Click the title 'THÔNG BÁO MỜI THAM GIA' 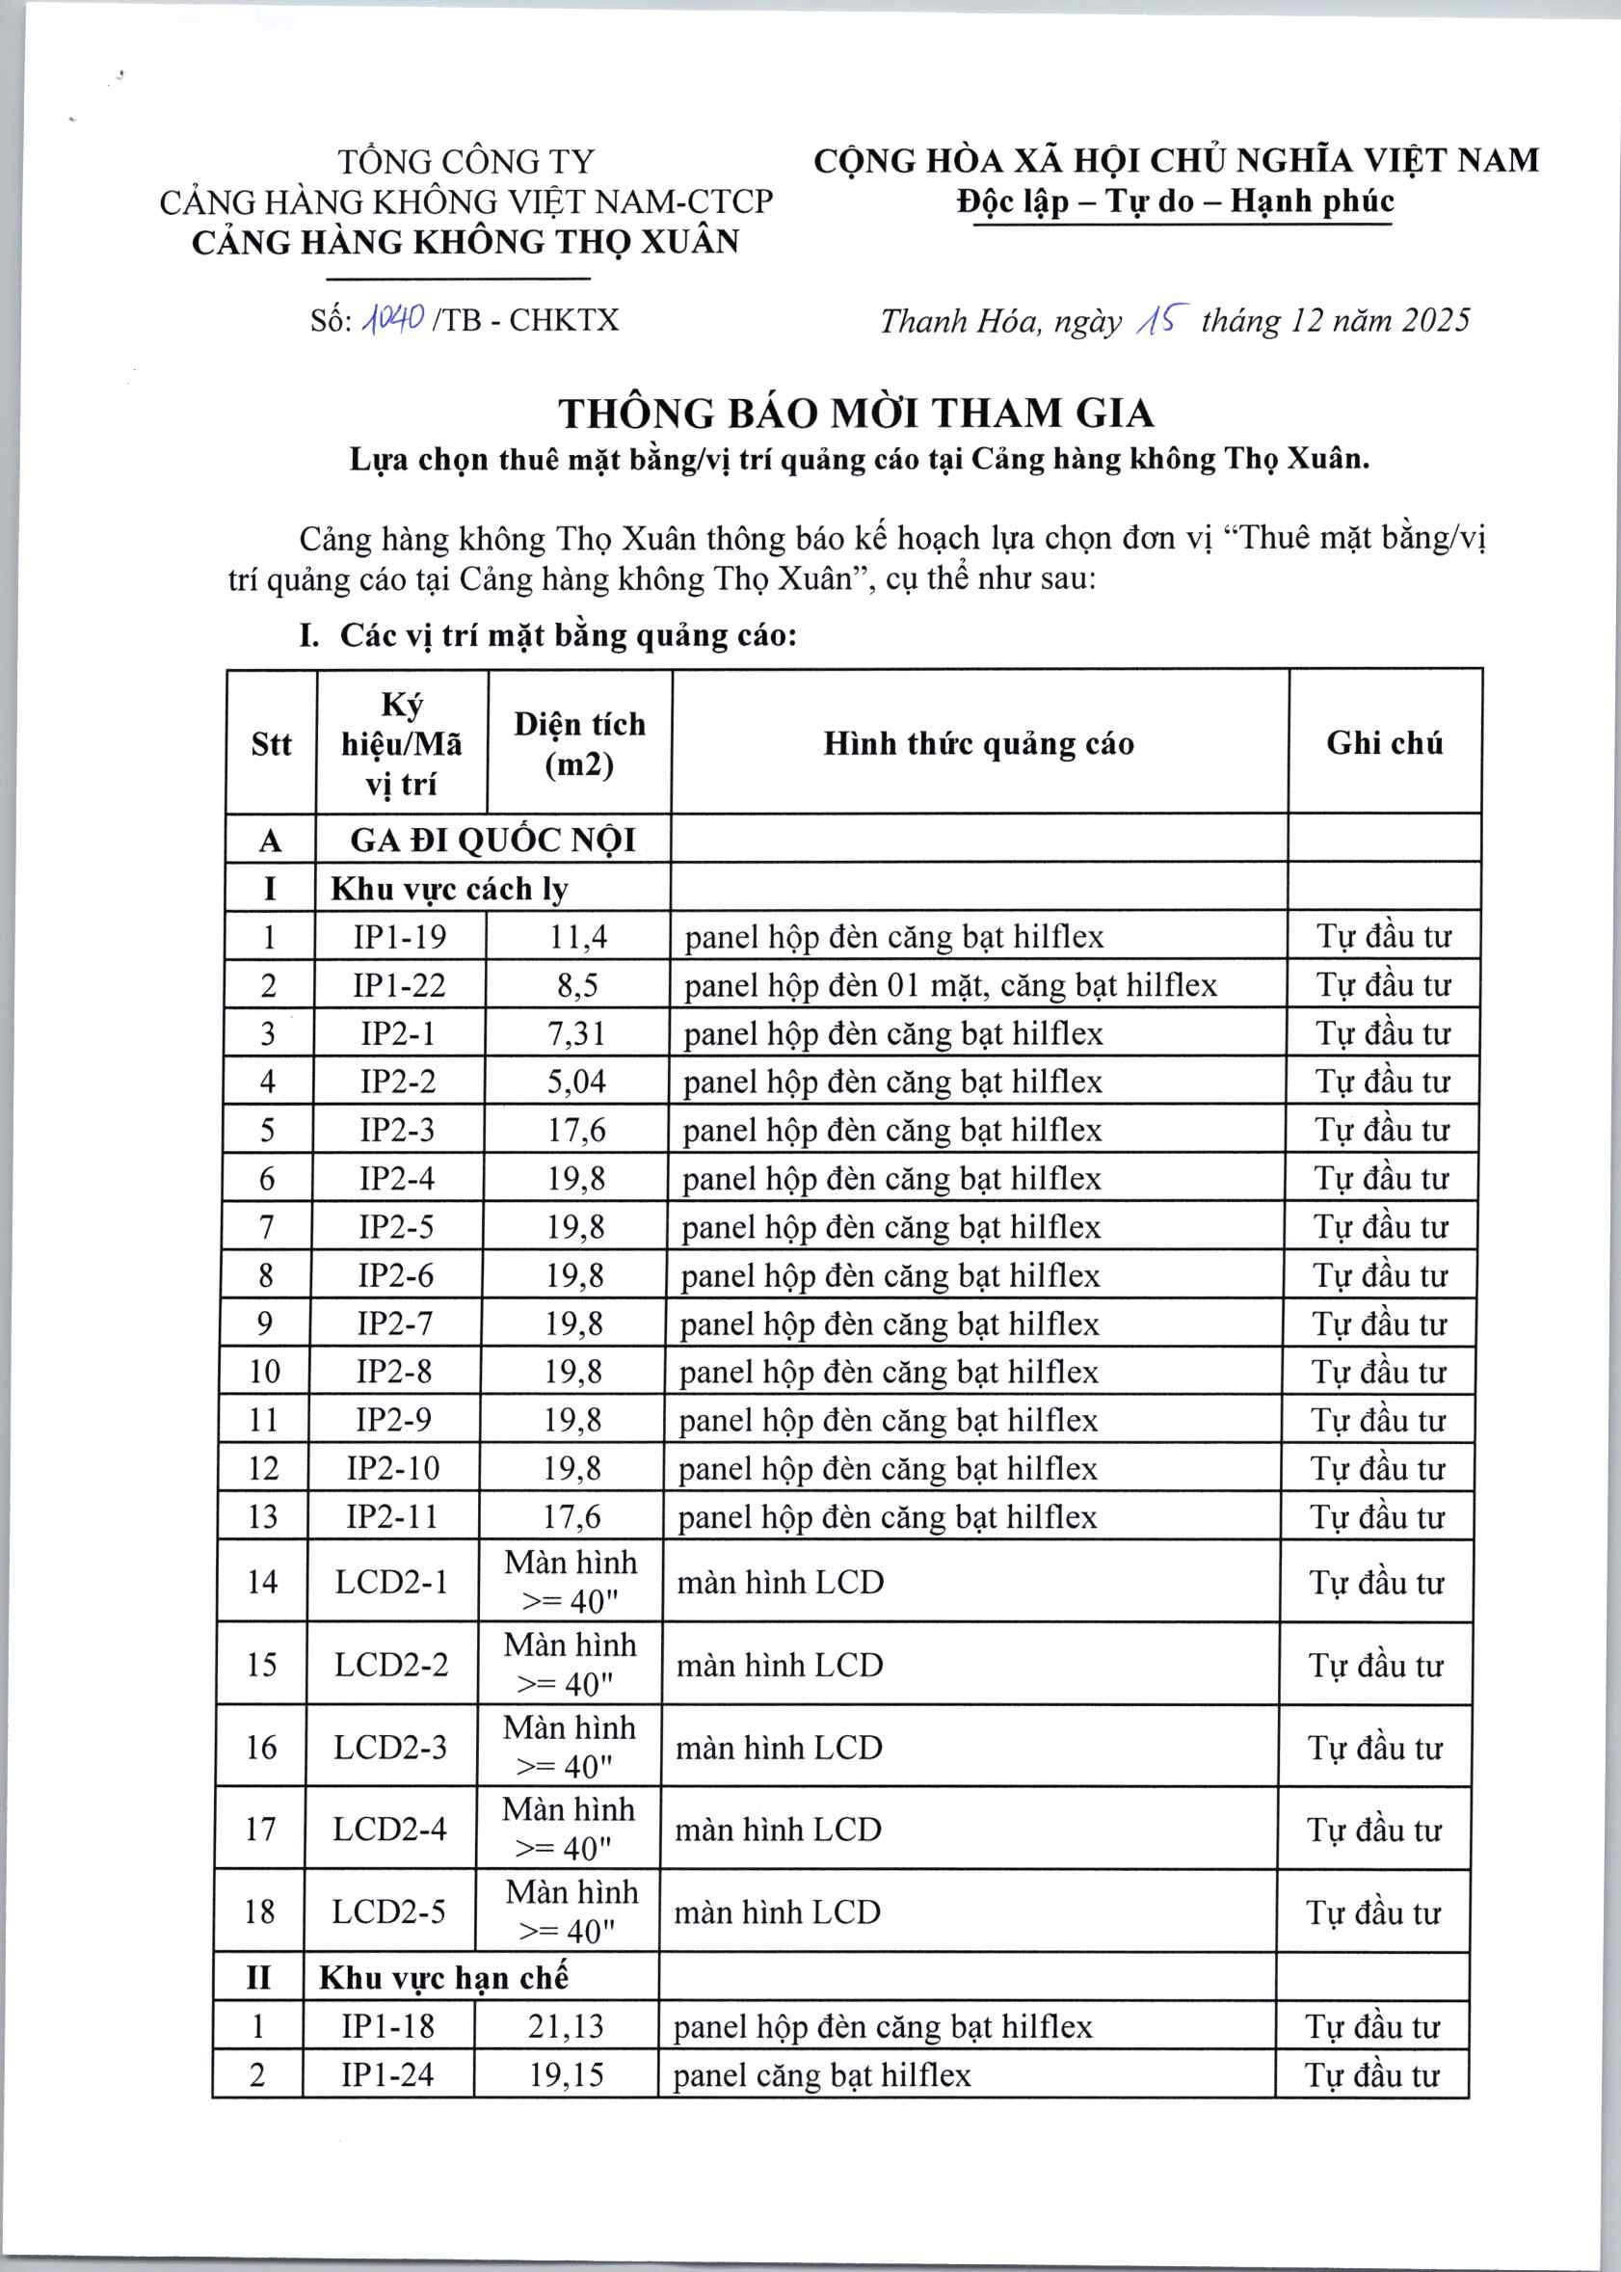[856, 414]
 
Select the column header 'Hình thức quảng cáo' [978, 744]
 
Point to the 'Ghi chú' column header [1384, 742]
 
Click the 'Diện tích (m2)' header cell [579, 744]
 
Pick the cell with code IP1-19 [399, 936]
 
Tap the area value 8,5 [577, 985]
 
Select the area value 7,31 [576, 1033]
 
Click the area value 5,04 [576, 1082]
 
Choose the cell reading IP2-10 [393, 1467]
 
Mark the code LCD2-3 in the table [390, 1747]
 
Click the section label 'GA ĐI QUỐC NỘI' [492, 840]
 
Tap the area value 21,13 [566, 2026]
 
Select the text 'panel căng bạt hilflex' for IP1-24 [821, 2075]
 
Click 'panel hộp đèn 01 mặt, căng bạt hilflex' [950, 985]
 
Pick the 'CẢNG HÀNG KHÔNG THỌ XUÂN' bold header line [465, 243]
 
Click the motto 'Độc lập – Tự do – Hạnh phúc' [1174, 201]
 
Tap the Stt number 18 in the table [259, 1911]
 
